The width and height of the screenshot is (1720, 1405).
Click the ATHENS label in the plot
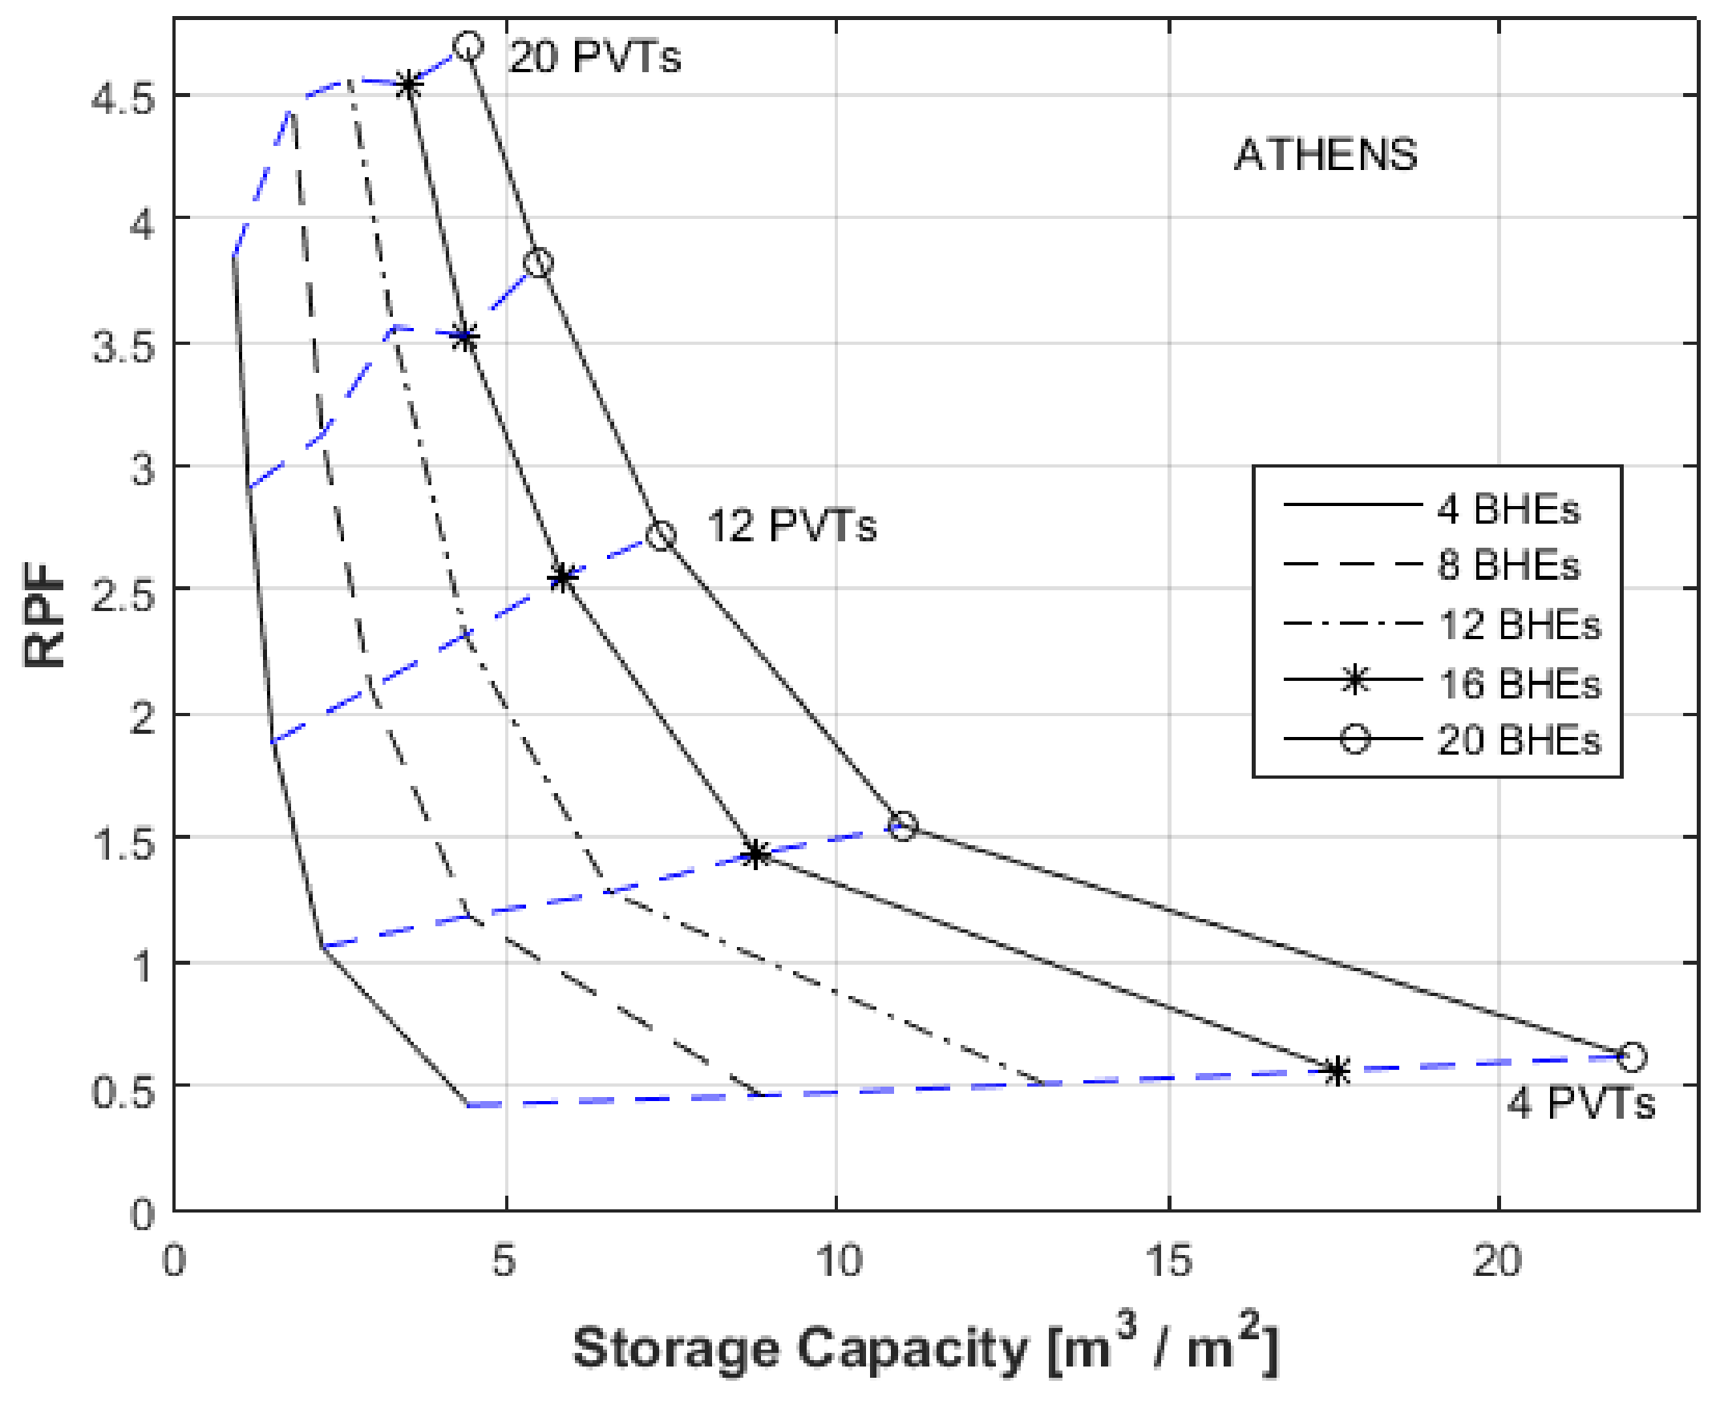[1326, 155]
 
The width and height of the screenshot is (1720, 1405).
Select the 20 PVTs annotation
[595, 57]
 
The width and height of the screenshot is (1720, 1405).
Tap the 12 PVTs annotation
[792, 525]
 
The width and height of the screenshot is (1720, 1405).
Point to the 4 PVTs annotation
[1580, 1103]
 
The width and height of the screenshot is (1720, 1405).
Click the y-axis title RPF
[43, 614]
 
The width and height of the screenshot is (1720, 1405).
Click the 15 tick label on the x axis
[1168, 1260]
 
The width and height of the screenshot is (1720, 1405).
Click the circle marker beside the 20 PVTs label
[468, 47]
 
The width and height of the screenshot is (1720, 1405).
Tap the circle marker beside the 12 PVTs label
[661, 535]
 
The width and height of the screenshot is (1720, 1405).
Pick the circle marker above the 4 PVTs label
[1632, 1056]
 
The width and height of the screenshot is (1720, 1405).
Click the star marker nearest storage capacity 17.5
[1338, 1071]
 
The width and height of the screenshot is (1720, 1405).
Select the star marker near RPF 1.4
[755, 854]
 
